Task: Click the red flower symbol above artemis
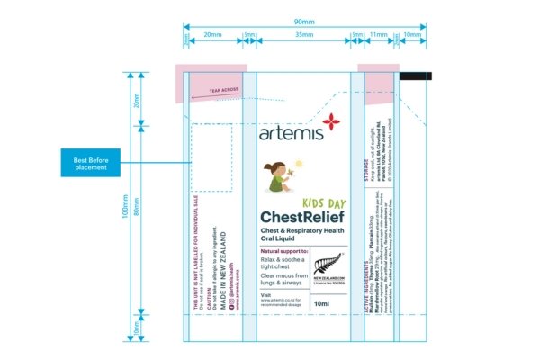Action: pos(331,121)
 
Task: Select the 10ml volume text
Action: pos(321,304)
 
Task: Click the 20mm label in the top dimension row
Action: pos(213,35)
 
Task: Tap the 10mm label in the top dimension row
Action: pos(410,35)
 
